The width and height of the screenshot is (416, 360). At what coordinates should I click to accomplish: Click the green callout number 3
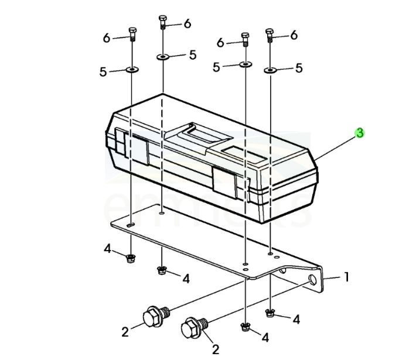point(360,133)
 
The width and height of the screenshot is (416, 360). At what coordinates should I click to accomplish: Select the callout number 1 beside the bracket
point(346,276)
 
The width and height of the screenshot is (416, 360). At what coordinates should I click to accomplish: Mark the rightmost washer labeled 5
point(270,70)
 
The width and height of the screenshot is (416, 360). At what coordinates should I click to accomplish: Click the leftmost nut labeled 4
point(130,257)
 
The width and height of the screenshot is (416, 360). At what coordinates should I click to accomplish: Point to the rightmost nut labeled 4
point(269,312)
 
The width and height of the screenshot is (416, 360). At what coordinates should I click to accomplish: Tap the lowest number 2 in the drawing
point(215,349)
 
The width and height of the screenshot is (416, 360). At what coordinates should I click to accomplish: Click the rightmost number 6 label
point(294,35)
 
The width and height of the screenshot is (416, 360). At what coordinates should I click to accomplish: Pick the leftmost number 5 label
point(103,72)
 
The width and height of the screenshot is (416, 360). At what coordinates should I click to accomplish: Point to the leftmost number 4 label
point(107,249)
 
